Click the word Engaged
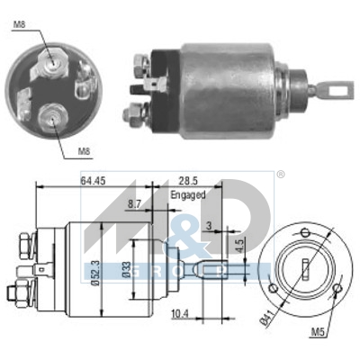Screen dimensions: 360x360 point(188,193)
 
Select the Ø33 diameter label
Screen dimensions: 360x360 point(127,269)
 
